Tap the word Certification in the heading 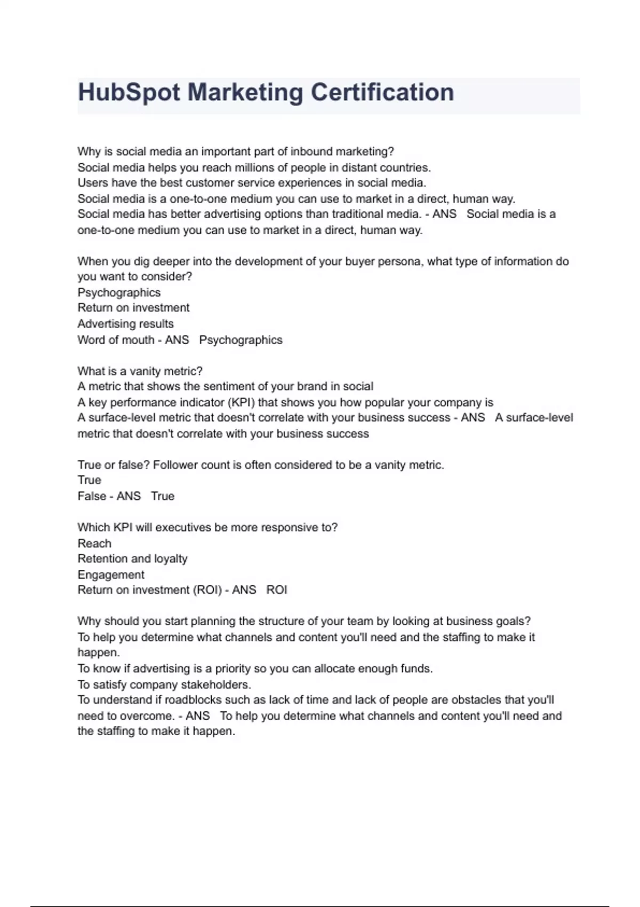[x=382, y=93]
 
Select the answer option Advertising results [x=125, y=324]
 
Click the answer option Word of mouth [x=116, y=340]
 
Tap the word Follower [x=175, y=465]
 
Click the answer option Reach [x=94, y=544]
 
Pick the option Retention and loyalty [x=132, y=559]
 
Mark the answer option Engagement [x=111, y=575]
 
